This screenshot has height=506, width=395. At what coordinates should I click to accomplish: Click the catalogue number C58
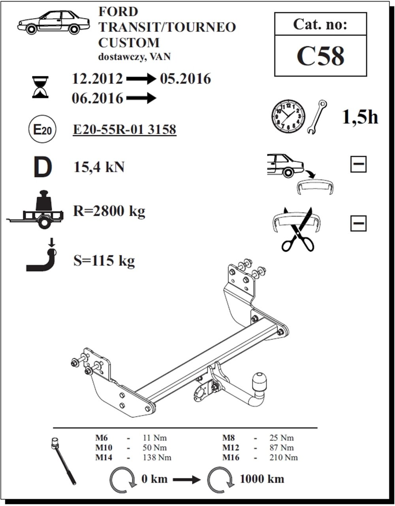point(320,56)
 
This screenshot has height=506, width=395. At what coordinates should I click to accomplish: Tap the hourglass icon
point(40,87)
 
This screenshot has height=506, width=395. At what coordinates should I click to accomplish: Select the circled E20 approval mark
point(42,130)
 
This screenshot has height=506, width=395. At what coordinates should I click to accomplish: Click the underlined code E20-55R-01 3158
point(124,130)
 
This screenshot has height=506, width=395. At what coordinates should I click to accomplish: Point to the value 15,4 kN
point(99,167)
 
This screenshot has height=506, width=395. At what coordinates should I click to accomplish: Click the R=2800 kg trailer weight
point(109,211)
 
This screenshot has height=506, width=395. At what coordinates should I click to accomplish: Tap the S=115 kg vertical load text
point(104,261)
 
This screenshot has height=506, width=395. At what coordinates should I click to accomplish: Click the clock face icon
point(288,117)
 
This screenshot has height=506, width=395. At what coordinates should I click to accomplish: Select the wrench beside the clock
point(317,117)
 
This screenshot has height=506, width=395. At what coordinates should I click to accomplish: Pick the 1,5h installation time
point(359,117)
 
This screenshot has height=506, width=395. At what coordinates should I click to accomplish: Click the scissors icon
point(298,229)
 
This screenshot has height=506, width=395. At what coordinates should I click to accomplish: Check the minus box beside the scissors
point(359,223)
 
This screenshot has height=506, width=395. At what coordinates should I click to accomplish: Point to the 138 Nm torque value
point(157,457)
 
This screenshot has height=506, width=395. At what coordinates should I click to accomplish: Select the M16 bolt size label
point(231,457)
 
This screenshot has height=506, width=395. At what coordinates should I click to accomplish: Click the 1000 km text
point(262,479)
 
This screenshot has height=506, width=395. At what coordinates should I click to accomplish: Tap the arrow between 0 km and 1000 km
point(187,480)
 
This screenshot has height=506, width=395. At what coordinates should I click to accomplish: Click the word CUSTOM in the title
point(129,43)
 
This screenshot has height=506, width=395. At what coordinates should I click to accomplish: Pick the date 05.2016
point(185,79)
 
